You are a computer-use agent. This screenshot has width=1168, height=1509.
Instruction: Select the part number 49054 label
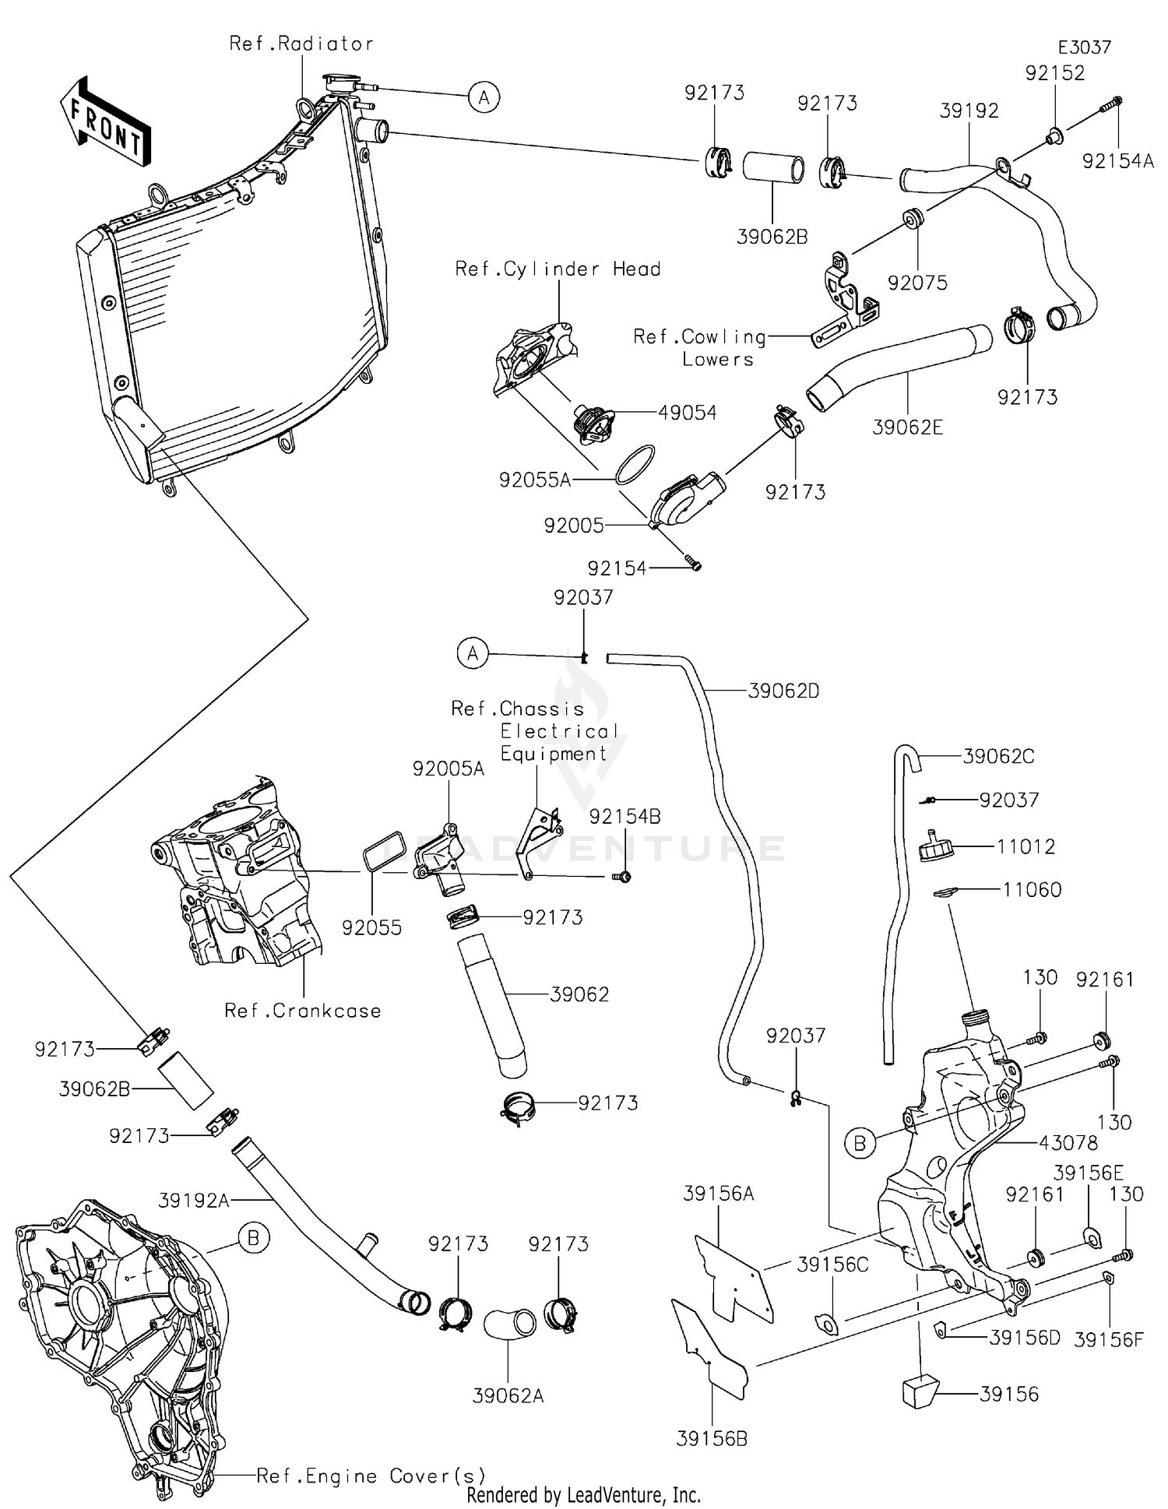click(687, 413)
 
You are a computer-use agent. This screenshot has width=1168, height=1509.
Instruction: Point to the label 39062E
click(907, 427)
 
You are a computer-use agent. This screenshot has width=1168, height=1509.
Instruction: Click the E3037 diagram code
click(1085, 47)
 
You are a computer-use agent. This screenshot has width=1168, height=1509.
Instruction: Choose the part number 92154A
click(1117, 161)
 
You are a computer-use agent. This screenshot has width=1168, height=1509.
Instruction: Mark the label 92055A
click(535, 480)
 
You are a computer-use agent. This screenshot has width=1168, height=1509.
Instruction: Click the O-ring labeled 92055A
click(635, 465)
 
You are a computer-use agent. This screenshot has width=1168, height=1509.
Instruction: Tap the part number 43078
click(1068, 1143)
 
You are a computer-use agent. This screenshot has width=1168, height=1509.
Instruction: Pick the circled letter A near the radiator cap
click(484, 98)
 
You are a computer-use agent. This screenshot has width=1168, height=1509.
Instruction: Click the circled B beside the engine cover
click(253, 1237)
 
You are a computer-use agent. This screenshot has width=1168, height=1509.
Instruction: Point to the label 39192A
click(194, 1201)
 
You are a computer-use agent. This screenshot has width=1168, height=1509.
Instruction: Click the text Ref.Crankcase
click(303, 1011)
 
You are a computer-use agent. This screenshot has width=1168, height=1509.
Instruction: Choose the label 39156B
click(712, 1439)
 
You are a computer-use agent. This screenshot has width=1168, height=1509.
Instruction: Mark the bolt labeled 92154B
click(622, 877)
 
